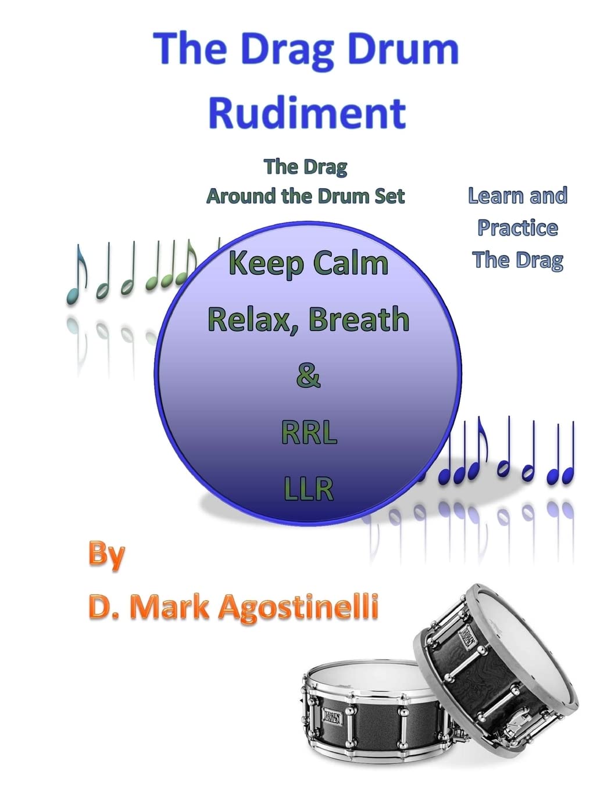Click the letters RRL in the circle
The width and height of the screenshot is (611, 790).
[x=309, y=433]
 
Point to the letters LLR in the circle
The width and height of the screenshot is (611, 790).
[x=309, y=489]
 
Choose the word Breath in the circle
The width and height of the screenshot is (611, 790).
[x=359, y=319]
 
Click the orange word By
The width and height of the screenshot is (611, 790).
[x=106, y=555]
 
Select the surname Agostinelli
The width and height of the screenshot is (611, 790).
[x=298, y=607]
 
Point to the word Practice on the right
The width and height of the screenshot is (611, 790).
[x=517, y=228]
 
